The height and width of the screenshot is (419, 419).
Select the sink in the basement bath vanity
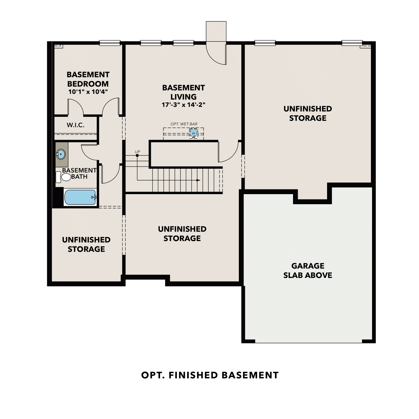61,154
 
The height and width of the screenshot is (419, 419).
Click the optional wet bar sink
193,133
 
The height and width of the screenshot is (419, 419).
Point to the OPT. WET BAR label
184,124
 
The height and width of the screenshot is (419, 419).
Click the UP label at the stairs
137,152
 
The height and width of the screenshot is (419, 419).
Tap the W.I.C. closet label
75,125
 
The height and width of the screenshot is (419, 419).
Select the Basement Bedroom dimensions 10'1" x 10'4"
88,92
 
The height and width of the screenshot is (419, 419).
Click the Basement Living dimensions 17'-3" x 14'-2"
184,105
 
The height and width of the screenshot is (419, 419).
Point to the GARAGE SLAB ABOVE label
308,270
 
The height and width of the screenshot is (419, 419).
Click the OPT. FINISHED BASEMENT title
210,375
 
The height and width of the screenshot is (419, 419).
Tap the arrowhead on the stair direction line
198,180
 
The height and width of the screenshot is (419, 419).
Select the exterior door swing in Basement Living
216,54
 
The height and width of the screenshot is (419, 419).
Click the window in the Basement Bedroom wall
110,43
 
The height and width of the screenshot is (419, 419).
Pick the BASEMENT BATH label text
79,173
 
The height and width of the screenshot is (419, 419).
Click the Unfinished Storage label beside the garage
308,113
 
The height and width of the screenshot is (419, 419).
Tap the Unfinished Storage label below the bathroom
86,244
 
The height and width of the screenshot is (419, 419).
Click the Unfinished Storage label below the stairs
182,234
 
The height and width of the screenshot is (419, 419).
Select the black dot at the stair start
137,155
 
